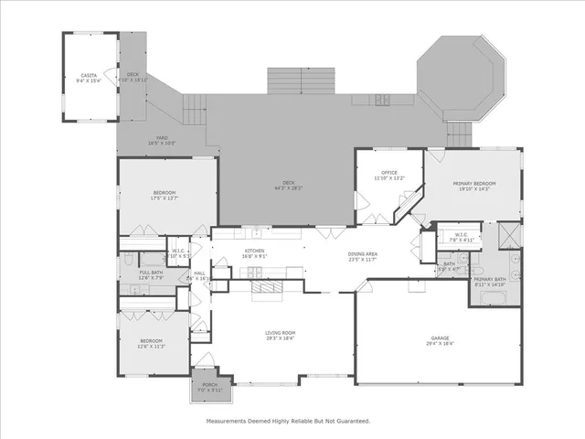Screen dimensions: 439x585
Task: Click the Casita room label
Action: click(89, 75)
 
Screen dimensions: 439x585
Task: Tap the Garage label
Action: click(440, 337)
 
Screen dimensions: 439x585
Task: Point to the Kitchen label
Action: click(254, 251)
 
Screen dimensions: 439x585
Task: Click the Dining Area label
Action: click(363, 254)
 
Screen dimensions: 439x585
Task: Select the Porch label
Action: click(209, 385)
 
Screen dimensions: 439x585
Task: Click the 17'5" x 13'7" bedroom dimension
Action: click(165, 198)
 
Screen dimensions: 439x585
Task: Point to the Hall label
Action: click(199, 273)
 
